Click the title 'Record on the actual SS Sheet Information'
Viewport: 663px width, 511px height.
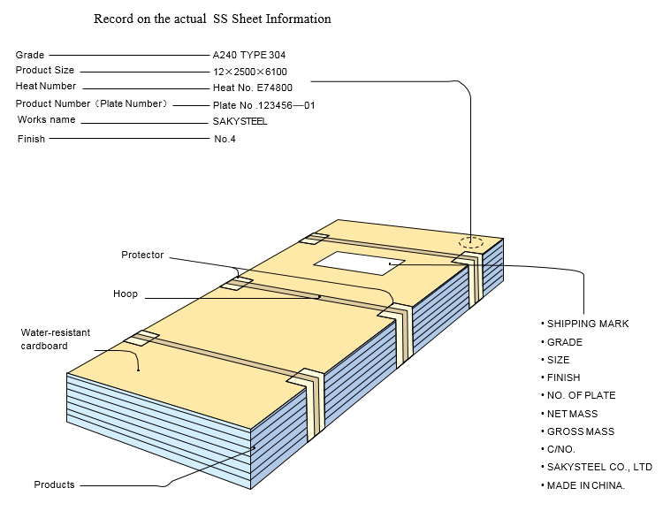[212, 19]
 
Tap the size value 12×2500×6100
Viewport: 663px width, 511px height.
[249, 72]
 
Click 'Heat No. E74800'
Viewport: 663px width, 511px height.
[252, 88]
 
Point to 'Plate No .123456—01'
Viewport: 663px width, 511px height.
[263, 105]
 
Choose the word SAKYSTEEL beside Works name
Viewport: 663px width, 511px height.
[240, 122]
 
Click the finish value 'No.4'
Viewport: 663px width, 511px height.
[225, 139]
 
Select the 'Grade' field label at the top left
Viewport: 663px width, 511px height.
[30, 55]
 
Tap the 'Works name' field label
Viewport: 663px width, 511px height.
[45, 120]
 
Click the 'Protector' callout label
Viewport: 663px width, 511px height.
[142, 255]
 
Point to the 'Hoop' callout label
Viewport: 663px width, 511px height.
[126, 294]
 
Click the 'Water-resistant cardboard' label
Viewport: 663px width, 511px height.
[55, 339]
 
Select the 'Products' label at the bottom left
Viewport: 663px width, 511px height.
[54, 484]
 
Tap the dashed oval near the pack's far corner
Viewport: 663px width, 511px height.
[471, 242]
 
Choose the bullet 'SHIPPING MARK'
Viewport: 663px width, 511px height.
[587, 324]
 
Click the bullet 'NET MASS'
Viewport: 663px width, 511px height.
[572, 414]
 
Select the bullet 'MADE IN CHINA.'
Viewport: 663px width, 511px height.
[585, 485]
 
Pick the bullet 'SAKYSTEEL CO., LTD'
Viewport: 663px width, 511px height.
[598, 467]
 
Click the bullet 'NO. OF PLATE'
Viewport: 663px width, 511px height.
[581, 395]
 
